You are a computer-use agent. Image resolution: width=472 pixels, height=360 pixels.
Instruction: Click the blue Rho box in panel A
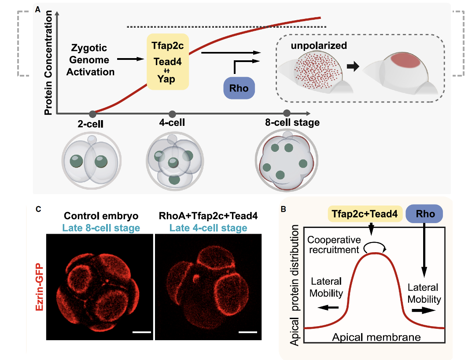click(239, 88)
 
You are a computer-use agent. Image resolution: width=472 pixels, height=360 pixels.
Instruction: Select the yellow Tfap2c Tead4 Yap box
click(168, 62)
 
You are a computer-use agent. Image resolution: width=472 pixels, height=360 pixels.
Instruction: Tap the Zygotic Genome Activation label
click(90, 60)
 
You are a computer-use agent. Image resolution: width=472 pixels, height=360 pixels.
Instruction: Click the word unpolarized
click(319, 45)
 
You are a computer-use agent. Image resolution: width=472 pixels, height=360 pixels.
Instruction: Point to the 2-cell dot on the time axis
click(93, 114)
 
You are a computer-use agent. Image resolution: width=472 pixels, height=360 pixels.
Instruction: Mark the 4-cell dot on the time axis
click(172, 114)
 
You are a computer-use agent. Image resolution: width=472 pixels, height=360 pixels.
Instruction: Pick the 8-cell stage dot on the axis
click(287, 113)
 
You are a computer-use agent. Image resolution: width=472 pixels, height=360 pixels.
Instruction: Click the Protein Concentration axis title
click(48, 62)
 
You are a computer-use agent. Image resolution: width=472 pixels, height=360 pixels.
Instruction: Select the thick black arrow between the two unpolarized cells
click(353, 66)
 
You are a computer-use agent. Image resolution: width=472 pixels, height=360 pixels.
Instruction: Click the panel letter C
click(38, 209)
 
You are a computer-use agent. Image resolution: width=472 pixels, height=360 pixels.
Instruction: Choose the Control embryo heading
click(101, 216)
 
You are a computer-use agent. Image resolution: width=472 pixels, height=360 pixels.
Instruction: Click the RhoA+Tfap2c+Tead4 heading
click(208, 216)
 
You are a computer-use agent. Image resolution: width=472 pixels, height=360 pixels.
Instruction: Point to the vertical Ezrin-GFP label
click(40, 287)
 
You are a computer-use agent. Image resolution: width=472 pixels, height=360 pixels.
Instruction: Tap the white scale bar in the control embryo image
click(141, 332)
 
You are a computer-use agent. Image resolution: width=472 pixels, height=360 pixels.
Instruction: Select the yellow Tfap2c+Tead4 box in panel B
click(365, 214)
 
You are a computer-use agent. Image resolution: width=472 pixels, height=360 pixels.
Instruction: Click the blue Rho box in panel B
click(424, 214)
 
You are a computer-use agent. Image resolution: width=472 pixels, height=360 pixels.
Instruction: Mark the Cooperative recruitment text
click(334, 245)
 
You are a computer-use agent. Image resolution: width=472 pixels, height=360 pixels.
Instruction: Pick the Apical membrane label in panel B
click(376, 337)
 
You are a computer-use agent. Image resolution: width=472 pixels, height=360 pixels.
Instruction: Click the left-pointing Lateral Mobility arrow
click(328, 308)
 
